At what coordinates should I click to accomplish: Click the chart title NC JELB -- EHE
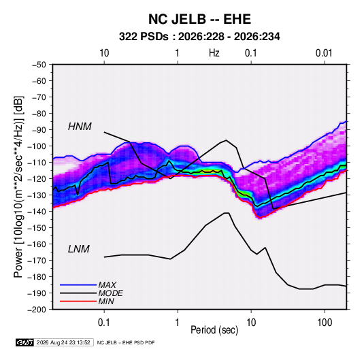(199, 19)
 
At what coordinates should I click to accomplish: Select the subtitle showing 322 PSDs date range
(199, 37)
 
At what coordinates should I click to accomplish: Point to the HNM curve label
(80, 127)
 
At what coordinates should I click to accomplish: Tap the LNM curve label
(79, 249)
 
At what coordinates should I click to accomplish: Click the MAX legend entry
(107, 285)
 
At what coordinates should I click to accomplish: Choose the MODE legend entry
(110, 293)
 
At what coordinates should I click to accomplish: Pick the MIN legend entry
(106, 301)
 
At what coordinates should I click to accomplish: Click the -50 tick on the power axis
(39, 65)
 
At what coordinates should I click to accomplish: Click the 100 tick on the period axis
(325, 323)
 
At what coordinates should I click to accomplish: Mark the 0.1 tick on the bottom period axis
(104, 323)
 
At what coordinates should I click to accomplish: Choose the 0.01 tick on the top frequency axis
(324, 53)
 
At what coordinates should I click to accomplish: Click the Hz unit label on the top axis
(214, 53)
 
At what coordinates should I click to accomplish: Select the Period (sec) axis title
(214, 330)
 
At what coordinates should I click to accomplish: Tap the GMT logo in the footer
(25, 342)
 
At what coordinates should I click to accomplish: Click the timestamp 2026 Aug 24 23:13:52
(63, 342)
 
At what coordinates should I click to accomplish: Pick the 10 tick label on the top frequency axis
(104, 53)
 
